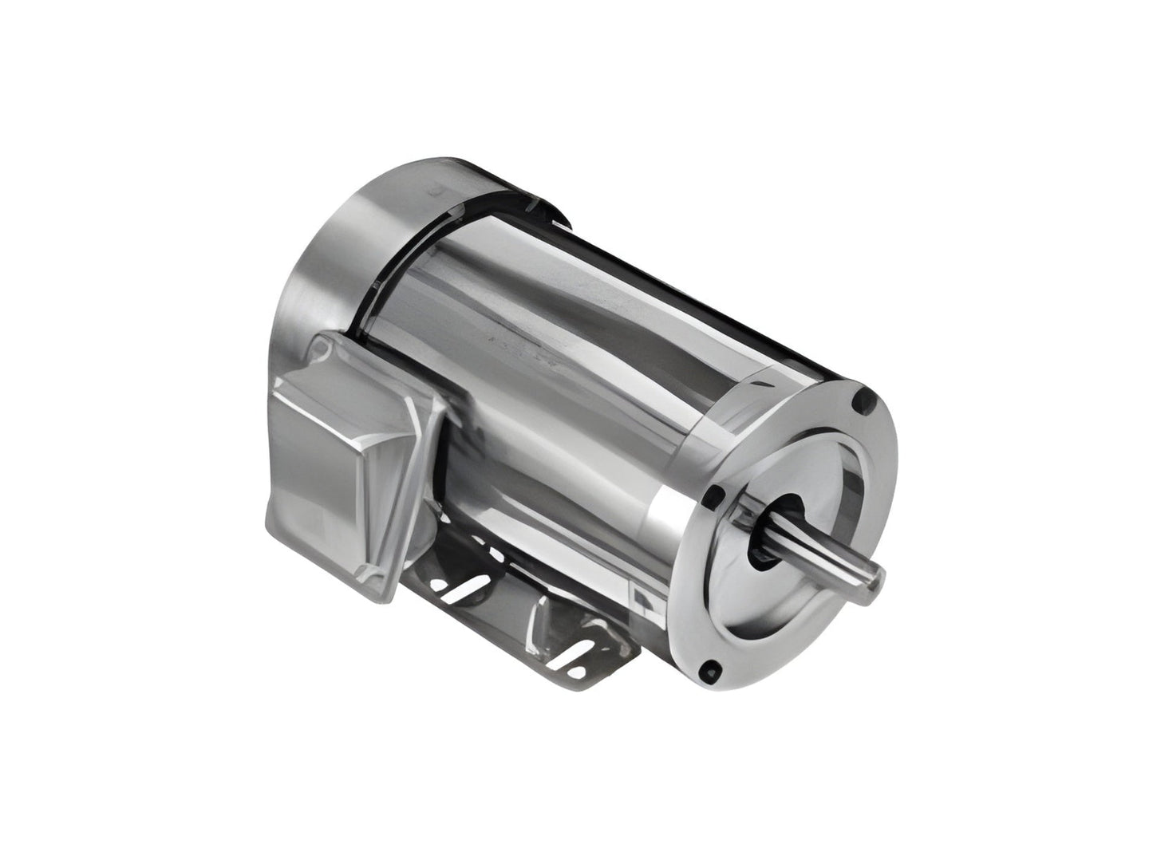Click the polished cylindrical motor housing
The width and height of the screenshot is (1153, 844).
tap(559, 359)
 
